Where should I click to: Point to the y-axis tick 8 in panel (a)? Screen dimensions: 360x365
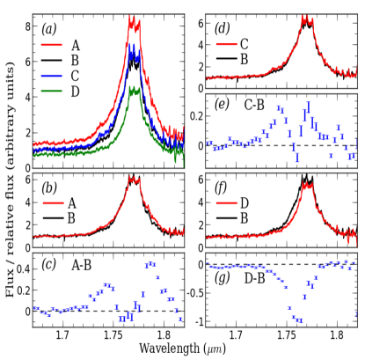click(x=26, y=27)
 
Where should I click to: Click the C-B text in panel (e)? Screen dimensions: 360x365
click(x=256, y=106)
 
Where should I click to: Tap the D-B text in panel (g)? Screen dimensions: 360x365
click(x=256, y=279)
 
